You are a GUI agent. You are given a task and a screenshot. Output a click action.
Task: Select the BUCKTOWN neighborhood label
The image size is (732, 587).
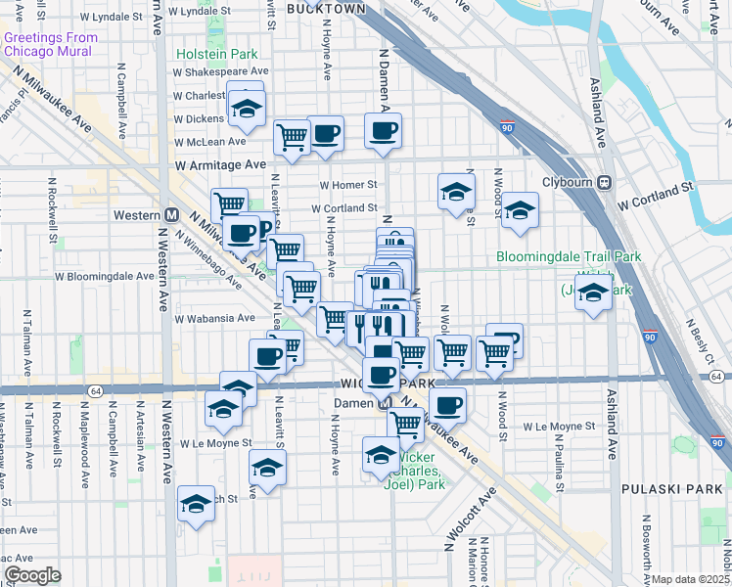pos(326,8)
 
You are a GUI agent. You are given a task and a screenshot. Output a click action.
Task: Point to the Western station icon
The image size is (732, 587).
pos(171,214)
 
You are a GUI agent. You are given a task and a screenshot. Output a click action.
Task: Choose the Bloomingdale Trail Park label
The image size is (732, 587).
pos(568,257)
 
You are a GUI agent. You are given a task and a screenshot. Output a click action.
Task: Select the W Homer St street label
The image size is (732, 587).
pos(348,184)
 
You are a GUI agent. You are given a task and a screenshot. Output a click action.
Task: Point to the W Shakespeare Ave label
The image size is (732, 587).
pos(220,71)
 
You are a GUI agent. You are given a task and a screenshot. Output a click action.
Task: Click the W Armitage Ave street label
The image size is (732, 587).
pos(221,165)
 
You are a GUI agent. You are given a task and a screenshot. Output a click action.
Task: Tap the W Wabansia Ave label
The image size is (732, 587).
pos(214,318)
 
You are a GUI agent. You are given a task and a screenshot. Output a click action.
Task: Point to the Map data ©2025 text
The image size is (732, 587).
pos(690,579)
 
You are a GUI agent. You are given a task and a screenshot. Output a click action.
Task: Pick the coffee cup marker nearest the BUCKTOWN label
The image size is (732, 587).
pos(384,129)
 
